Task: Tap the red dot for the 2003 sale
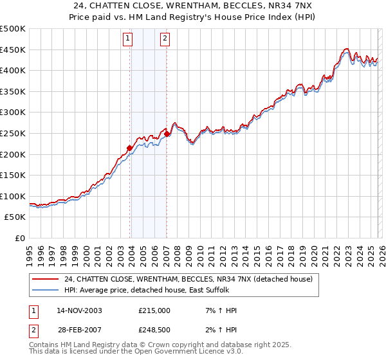(130, 148)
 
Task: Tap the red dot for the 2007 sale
(167, 134)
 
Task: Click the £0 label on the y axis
(20, 238)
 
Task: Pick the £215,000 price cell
(154, 310)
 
